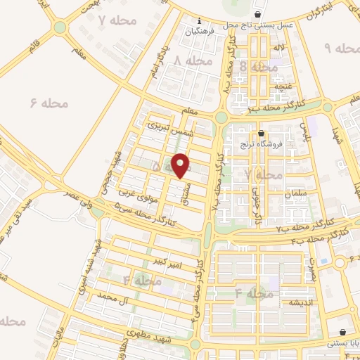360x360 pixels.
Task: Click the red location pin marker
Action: point(181,165)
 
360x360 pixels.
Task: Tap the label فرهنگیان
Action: point(199,32)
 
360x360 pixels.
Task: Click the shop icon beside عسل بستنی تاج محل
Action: point(259,14)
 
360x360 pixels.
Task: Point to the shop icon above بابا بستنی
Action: point(342,333)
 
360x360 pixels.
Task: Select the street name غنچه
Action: point(281,86)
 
